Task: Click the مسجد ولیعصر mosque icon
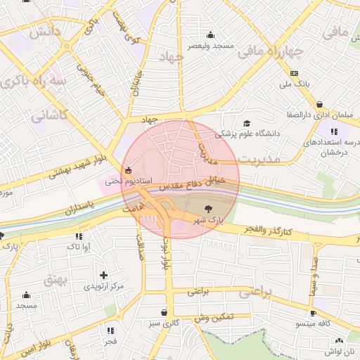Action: [x=210, y=35]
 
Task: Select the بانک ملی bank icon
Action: [x=294, y=74]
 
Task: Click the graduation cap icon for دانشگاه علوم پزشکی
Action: [x=246, y=123]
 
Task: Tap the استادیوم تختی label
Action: [x=127, y=181]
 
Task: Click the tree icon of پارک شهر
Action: [x=207, y=208]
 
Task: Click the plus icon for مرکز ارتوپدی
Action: [x=104, y=275]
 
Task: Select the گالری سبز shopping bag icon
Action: [x=164, y=313]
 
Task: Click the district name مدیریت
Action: [x=258, y=160]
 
